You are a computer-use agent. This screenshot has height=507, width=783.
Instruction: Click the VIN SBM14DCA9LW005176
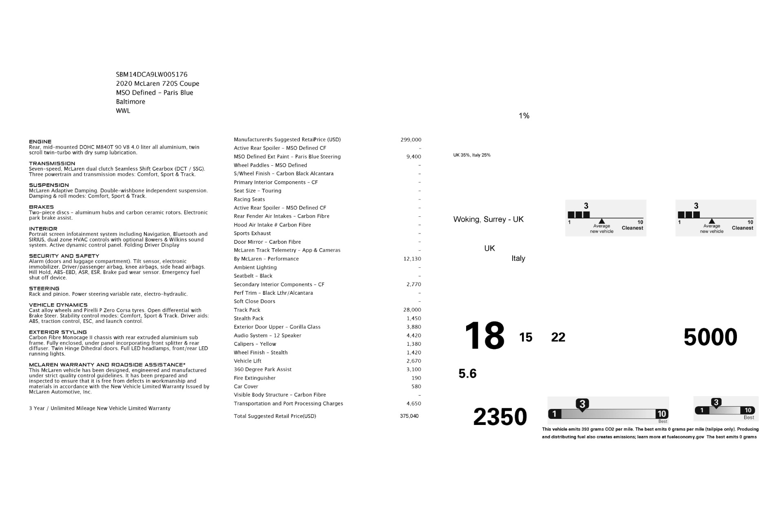tap(152, 74)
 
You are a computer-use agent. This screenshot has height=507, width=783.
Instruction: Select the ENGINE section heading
tap(40, 142)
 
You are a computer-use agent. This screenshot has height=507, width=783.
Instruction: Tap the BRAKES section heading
tap(41, 207)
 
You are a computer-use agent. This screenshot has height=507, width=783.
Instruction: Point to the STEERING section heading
tap(44, 289)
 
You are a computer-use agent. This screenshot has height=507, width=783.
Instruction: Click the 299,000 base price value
tap(411, 140)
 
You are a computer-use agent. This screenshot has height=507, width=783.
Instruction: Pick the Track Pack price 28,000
tap(412, 310)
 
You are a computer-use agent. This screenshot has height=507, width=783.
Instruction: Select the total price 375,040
tap(409, 416)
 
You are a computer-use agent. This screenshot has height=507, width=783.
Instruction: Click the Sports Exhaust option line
tap(252, 233)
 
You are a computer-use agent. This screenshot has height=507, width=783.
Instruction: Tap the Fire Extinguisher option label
tap(254, 378)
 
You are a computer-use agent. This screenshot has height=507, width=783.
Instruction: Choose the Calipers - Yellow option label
tap(255, 344)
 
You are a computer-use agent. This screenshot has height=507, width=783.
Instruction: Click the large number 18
tap(484, 336)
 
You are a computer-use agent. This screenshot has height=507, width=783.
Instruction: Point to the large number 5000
tap(710, 337)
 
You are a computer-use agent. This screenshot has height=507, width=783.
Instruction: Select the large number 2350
tap(500, 417)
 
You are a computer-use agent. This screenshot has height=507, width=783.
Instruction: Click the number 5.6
tap(467, 374)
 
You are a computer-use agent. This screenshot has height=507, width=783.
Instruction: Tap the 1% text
tap(524, 116)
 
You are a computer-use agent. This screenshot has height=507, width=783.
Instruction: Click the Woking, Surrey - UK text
tap(488, 220)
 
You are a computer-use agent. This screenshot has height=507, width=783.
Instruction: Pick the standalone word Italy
tap(518, 258)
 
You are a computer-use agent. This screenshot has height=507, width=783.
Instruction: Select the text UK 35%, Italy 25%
tap(472, 155)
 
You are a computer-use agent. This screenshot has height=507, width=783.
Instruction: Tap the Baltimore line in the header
tap(130, 102)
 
